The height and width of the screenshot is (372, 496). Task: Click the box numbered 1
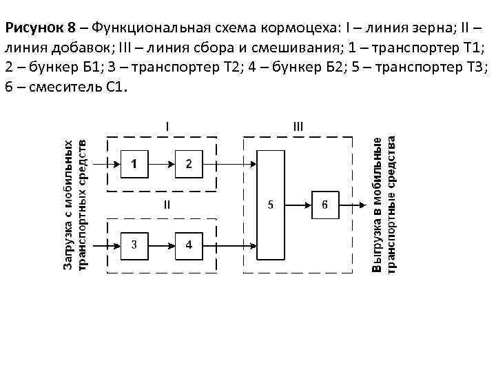[x=134, y=164]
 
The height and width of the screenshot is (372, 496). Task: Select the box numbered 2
[x=189, y=164]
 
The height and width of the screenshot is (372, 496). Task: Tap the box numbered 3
[x=134, y=245]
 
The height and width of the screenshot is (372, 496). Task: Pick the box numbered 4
[x=189, y=245]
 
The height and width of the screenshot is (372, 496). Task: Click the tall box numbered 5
[x=270, y=205]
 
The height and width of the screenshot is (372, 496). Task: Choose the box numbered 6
[x=325, y=205]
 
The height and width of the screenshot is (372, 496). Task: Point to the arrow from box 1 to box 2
[x=161, y=164]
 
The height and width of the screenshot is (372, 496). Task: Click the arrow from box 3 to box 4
[x=161, y=245]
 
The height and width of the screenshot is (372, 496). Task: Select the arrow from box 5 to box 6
[x=298, y=205]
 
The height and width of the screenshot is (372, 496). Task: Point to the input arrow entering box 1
[x=107, y=164]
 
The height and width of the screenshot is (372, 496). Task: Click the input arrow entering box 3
[x=107, y=245]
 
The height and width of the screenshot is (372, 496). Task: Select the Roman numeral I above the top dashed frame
[x=167, y=125]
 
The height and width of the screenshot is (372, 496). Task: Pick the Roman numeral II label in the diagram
[x=167, y=204]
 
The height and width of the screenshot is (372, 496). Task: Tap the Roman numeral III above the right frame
[x=298, y=125]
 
